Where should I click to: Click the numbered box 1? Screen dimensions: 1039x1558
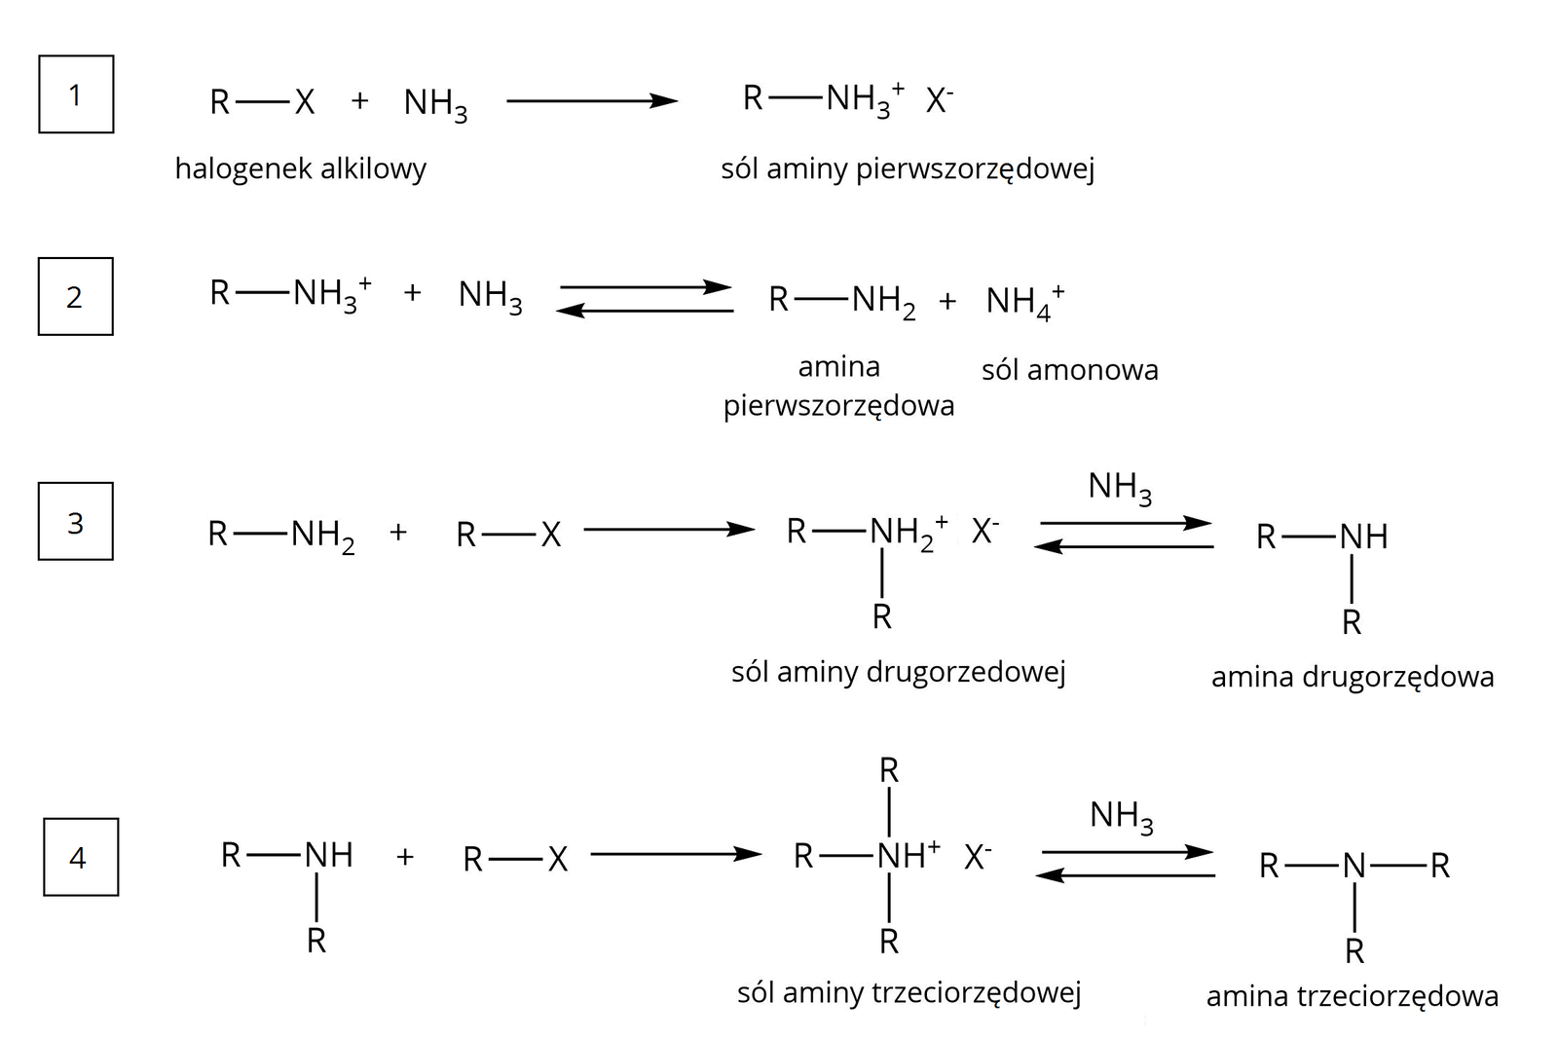(x=76, y=94)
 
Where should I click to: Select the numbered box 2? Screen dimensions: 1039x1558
(x=75, y=296)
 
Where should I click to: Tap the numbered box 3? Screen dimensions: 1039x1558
(x=75, y=522)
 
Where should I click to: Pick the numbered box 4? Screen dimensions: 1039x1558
(x=81, y=857)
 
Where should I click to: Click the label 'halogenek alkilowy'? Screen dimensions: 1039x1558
(x=301, y=169)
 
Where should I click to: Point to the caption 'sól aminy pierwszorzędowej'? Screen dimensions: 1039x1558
(x=908, y=169)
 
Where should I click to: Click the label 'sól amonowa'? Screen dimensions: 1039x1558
(x=1069, y=370)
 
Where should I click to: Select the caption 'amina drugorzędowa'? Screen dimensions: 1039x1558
(x=1352, y=677)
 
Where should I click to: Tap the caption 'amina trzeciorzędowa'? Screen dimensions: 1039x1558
(x=1352, y=996)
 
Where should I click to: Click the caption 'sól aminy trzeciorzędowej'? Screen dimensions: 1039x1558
(x=909, y=992)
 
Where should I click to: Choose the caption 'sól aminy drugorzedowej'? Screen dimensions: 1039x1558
(x=898, y=672)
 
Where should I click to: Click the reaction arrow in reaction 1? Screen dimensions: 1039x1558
(x=591, y=100)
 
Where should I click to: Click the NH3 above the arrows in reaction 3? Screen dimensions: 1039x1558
(x=1120, y=487)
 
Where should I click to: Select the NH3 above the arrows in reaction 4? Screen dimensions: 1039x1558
(x=1122, y=816)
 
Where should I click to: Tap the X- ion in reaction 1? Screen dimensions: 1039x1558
(x=939, y=99)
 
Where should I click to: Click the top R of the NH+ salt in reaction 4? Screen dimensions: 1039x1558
(x=889, y=771)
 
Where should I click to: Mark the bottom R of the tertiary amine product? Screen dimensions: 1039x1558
(x=1354, y=951)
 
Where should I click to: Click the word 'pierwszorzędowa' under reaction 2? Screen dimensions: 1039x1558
(x=838, y=405)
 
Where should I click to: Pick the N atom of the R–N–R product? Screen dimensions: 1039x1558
(x=1354, y=865)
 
